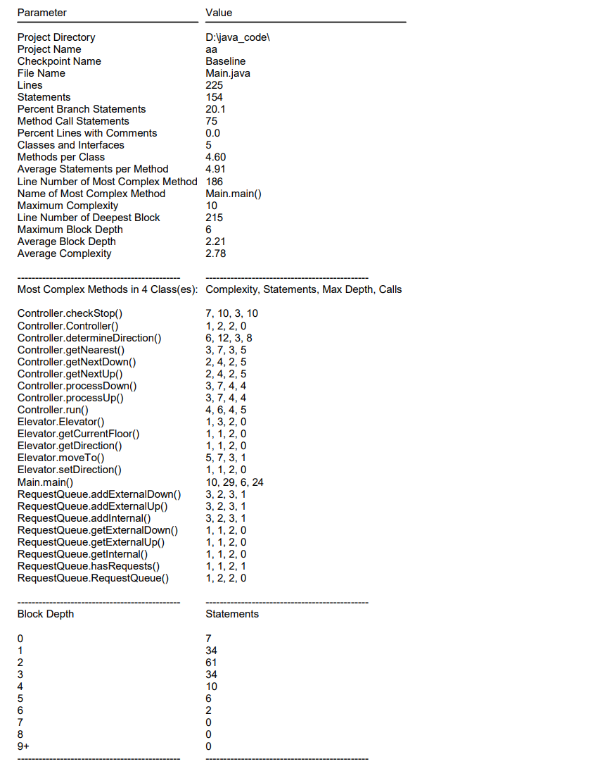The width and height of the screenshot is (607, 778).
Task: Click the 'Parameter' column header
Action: coord(42,13)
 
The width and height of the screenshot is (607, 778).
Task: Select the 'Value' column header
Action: coord(219,13)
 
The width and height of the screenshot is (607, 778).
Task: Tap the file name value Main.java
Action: coord(228,73)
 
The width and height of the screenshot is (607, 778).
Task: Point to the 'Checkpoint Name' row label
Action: coord(59,61)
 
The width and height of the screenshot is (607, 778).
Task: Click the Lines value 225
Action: coord(215,85)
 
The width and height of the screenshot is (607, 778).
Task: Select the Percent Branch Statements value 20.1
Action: coord(216,109)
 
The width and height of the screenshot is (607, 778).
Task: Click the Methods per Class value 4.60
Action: coord(216,157)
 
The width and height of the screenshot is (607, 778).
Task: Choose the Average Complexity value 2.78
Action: coord(216,253)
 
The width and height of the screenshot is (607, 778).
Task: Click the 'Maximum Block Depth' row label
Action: coord(70,230)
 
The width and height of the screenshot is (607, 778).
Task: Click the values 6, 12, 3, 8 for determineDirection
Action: coord(229,338)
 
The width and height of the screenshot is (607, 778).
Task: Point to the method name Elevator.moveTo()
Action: coord(61,458)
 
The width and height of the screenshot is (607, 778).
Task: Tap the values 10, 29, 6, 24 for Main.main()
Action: coord(235,482)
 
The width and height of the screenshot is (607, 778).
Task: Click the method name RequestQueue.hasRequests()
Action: coord(89,566)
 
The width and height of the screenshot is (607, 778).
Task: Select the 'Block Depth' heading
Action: coord(46,614)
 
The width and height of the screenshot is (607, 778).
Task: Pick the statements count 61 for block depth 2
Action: coord(212,663)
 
